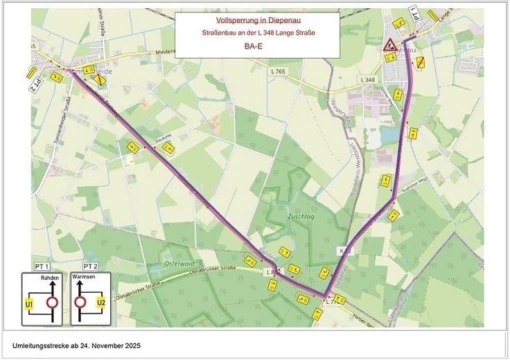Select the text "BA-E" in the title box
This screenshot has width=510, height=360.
click(x=256, y=47)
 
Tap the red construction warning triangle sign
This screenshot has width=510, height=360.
click(x=389, y=46)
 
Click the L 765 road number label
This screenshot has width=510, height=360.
click(x=279, y=71)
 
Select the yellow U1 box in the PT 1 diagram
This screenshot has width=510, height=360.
click(x=30, y=303)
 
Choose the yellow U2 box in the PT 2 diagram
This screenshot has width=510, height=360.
click(x=100, y=303)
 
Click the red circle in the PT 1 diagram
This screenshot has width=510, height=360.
click(x=51, y=303)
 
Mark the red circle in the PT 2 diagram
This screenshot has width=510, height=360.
click(x=80, y=303)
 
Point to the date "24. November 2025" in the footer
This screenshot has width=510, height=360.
click(x=110, y=344)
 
